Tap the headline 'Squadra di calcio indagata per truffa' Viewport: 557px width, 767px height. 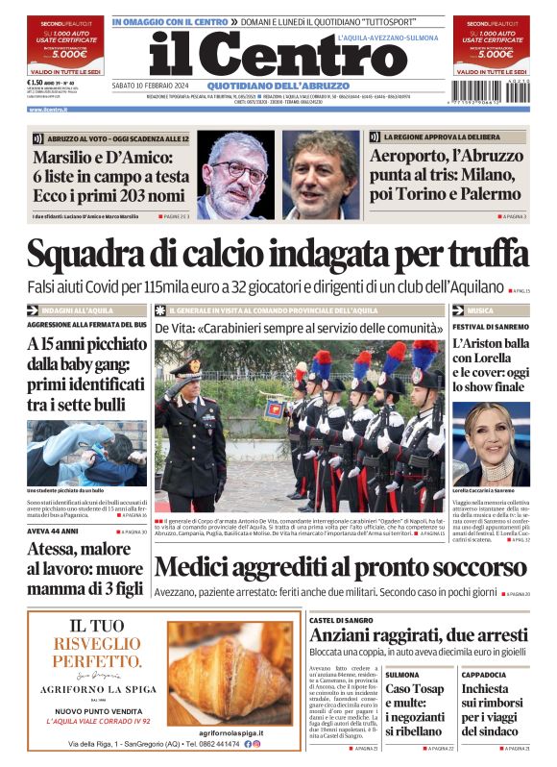point(278,255)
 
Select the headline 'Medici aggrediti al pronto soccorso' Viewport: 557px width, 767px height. point(327,569)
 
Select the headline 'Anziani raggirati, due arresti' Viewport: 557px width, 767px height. point(419,635)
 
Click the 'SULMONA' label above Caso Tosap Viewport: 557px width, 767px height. point(402,675)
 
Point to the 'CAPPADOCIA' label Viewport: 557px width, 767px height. point(483,675)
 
